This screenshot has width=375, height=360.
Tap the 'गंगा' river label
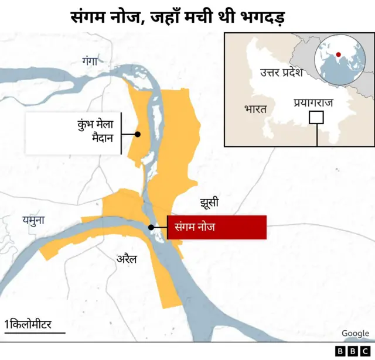click(92, 60)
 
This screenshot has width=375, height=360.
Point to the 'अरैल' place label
click(127, 258)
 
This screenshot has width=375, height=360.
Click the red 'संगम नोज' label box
click(217, 227)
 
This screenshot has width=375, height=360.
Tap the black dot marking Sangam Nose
click(151, 227)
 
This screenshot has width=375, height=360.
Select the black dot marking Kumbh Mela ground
click(138, 134)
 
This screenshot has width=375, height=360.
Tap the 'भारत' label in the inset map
click(255, 109)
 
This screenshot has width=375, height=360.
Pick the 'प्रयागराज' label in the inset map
click(313, 103)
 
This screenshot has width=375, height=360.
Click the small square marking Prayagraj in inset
click(316, 117)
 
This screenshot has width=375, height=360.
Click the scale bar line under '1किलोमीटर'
click(34, 333)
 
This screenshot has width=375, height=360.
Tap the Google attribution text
click(355, 333)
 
